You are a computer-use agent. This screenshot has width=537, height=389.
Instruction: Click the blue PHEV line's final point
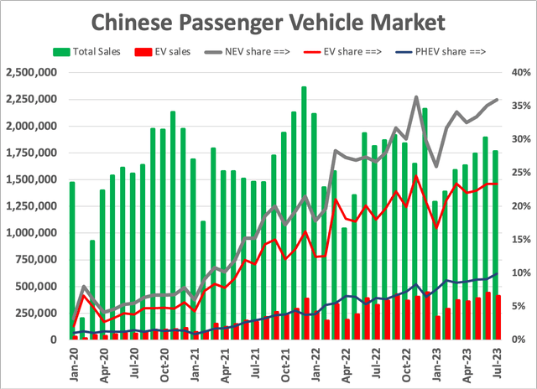[497, 274]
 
